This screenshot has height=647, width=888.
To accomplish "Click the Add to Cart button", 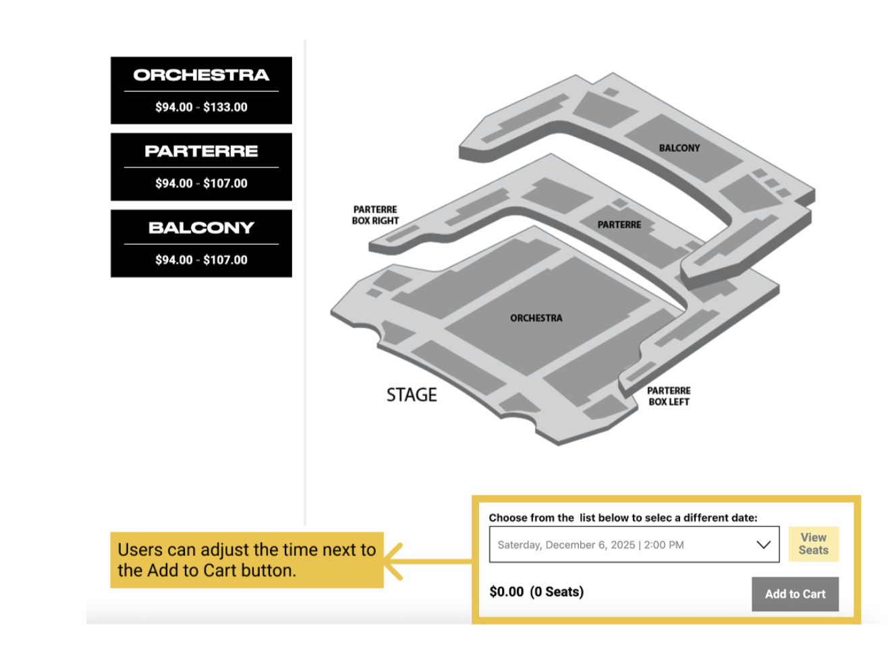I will [795, 594].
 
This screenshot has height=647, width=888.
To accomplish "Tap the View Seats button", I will [813, 544].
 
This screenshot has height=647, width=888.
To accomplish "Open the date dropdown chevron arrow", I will [763, 545].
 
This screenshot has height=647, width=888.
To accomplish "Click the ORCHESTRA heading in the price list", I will [201, 75].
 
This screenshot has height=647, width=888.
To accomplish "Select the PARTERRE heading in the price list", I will [201, 151].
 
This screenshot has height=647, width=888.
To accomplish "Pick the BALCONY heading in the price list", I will [201, 228].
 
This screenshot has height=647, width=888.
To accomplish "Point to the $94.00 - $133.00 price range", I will [201, 107].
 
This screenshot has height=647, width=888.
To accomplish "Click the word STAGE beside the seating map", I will [412, 395].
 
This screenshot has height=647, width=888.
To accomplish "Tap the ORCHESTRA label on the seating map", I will [536, 318].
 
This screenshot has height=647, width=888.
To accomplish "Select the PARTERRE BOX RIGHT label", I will [375, 215].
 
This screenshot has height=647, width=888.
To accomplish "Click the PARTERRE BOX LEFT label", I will [669, 396].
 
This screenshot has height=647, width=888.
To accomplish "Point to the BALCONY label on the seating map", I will [679, 148].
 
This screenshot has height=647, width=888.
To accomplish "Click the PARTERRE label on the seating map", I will [619, 225].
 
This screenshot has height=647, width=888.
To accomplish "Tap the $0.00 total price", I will [506, 592].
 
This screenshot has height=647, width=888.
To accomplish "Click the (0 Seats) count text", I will [557, 592].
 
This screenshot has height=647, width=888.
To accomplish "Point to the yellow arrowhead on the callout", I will [392, 561].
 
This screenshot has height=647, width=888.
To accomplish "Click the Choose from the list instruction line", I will [623, 518].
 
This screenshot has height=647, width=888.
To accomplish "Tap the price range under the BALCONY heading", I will [201, 260].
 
